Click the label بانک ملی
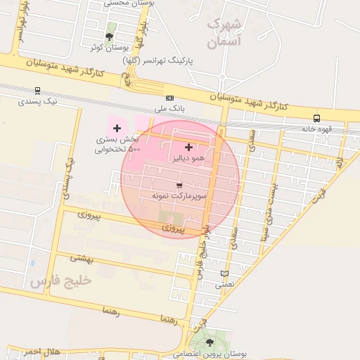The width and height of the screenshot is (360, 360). coord(169,110)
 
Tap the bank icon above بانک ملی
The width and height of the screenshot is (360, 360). coord(169,98)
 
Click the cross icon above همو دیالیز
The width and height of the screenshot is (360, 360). coord(188,147)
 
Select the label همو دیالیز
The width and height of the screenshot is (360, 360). coord(188,159)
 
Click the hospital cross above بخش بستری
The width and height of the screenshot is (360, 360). coord(117,128)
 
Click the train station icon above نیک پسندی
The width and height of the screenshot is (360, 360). coord(37,90)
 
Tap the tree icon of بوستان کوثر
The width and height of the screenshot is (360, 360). coord(108,36)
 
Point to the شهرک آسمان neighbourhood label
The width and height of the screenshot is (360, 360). coord(225,33)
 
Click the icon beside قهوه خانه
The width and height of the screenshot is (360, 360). coord(316,118)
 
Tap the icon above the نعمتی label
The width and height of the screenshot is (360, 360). coord(224,274)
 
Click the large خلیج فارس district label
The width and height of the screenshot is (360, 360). coord(60,281)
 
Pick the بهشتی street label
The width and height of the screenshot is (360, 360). coord(82,259)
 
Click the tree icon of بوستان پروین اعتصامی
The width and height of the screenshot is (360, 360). coord(211,342)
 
